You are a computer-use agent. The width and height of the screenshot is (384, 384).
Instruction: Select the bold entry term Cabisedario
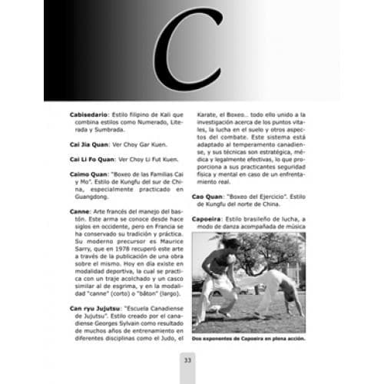point(91,114)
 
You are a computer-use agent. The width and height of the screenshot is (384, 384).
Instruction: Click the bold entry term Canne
point(80,211)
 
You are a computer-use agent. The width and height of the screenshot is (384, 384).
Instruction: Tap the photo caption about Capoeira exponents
point(247,339)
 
